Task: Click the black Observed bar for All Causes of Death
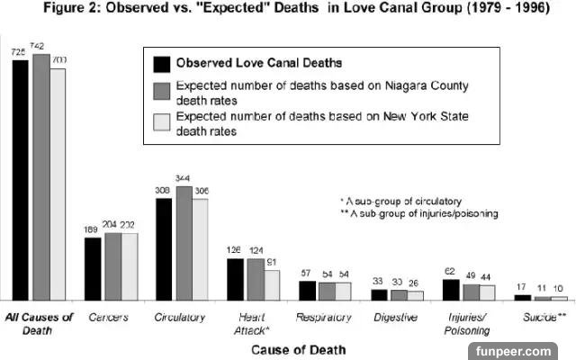(21, 180)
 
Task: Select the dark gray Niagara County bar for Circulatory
(184, 243)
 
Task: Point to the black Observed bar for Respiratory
(307, 290)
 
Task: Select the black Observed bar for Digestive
(379, 294)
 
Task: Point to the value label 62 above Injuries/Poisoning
(450, 270)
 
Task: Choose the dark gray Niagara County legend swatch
(161, 92)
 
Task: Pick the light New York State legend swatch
(161, 123)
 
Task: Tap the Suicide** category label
(544, 318)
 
